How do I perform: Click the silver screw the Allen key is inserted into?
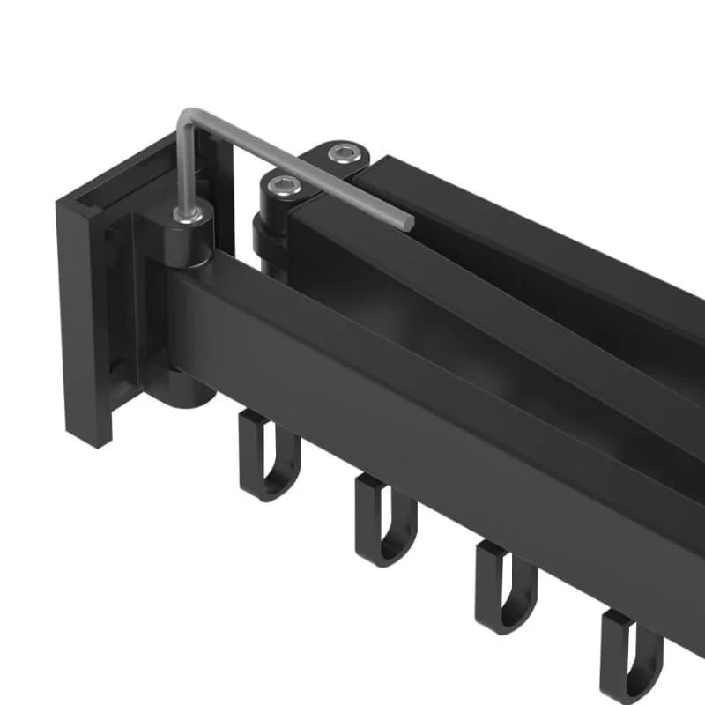[x=188, y=214]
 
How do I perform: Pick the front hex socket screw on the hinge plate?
[x=284, y=184]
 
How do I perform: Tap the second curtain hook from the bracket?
[x=384, y=520]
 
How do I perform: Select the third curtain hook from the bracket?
[x=504, y=587]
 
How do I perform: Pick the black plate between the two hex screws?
[x=315, y=169]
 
